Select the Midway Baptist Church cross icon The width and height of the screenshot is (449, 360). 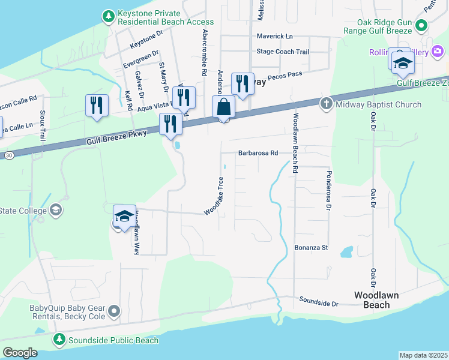[327, 104]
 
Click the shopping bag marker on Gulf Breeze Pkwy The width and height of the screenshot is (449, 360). [223, 108]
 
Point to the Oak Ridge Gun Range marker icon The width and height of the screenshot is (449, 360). [421, 26]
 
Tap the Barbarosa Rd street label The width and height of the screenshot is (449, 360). [258, 153]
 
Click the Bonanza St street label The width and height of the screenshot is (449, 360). [311, 247]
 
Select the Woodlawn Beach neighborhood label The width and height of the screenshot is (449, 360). [372, 300]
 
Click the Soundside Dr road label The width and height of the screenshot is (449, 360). [319, 302]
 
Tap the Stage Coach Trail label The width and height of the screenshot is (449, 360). [282, 52]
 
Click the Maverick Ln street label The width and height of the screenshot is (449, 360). [274, 36]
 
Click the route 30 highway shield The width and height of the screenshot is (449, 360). [8, 155]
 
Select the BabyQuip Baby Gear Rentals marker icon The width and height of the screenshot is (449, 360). [115, 311]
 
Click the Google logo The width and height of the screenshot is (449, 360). [20, 353]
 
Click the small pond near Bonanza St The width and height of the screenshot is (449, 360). [347, 252]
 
